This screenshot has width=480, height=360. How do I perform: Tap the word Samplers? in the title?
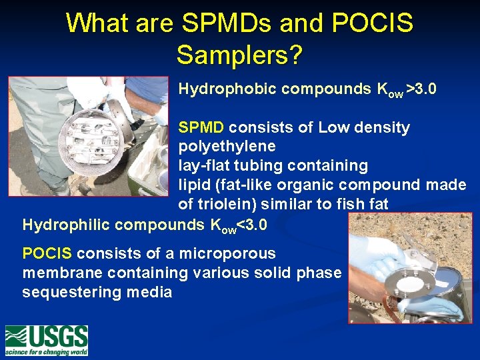[239, 55]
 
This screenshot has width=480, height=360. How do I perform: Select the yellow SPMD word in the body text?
[201, 127]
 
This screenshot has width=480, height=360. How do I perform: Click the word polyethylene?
[227, 146]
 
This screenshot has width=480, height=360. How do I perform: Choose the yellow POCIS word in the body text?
[47, 253]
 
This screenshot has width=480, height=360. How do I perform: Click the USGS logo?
[47, 340]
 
